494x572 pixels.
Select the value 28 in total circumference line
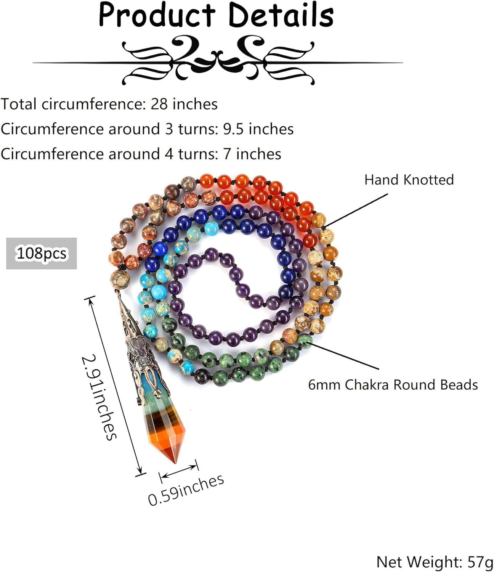159,104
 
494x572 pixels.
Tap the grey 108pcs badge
42,254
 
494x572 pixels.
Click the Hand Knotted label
409,180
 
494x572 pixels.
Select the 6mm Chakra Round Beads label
393,385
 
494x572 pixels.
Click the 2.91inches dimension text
99,397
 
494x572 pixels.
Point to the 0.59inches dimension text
186,490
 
